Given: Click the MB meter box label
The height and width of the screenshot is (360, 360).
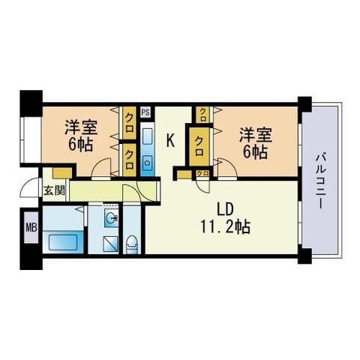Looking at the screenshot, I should pyautogui.click(x=31, y=227).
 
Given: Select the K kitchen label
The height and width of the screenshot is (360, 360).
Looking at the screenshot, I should pyautogui.click(x=170, y=139).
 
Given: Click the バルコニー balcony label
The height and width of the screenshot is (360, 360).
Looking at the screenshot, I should pyautogui.click(x=320, y=180).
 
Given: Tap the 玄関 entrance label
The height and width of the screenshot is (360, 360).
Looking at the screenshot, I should pyautogui.click(x=53, y=190).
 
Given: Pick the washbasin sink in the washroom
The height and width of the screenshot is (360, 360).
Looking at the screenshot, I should pyautogui.click(x=111, y=219).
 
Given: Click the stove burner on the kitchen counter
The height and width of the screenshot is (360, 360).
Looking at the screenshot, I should pyautogui.click(x=147, y=163).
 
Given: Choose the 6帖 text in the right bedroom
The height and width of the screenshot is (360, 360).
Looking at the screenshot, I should pyautogui.click(x=255, y=150).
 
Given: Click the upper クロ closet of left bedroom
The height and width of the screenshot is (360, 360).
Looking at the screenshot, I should pyautogui.click(x=130, y=118).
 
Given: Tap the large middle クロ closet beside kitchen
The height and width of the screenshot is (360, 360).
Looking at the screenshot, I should pyautogui.click(x=200, y=144).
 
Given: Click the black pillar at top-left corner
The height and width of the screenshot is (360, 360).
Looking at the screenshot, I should pyautogui.click(x=30, y=100).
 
